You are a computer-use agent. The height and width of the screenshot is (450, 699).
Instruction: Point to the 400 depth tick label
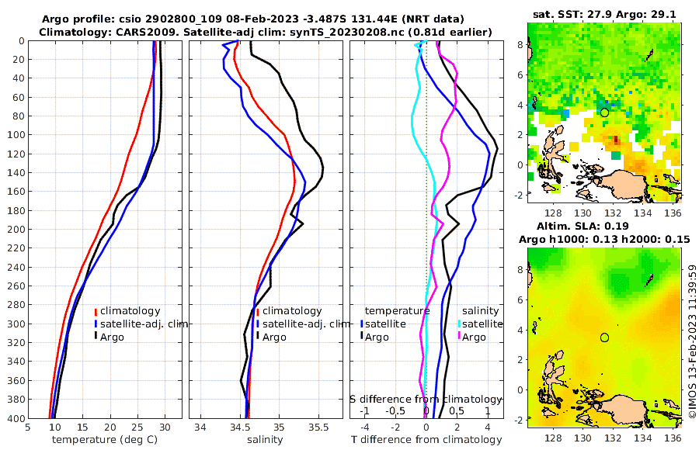coord(15,418)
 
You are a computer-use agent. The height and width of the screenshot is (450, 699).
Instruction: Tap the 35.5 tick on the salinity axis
coord(319,427)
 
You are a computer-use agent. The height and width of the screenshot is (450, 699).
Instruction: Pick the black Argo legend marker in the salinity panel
coord(257,337)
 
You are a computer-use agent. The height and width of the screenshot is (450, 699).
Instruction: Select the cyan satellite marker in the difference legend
coord(459,324)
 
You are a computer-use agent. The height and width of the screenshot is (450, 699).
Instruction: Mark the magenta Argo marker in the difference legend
coord(459,337)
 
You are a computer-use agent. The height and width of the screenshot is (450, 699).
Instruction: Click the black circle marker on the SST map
coord(604,112)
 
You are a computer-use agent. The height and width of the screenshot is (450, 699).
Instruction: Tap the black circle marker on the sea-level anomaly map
coord(604,337)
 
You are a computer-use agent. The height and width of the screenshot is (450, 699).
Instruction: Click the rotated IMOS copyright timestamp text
coord(692,341)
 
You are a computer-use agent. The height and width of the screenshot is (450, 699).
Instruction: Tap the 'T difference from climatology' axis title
coord(426,440)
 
